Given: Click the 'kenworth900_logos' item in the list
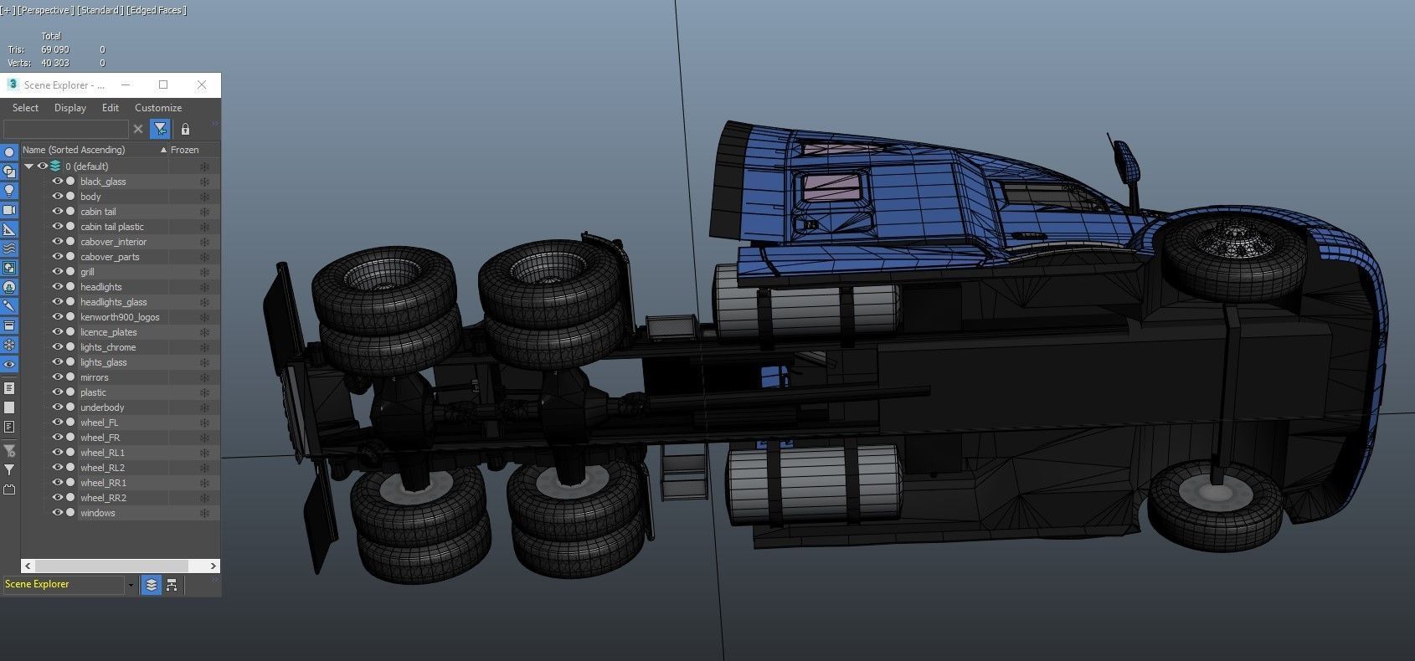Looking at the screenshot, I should click(120, 317).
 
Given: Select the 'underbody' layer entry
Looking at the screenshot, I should click(102, 407).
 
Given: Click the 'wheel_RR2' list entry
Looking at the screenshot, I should click(103, 498).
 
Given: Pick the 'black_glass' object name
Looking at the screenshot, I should click(103, 182).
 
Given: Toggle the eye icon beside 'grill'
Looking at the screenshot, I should click(58, 272).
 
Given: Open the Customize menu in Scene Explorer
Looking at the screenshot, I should click(158, 108).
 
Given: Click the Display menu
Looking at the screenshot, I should click(70, 108).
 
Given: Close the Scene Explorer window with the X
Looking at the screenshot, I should click(202, 85).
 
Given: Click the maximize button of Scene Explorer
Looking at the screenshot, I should click(163, 85).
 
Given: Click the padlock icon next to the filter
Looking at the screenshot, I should click(185, 129).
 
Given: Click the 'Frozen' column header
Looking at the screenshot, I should click(185, 150).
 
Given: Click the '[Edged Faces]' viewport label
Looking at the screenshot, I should click(157, 10).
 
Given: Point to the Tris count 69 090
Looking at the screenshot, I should click(55, 49).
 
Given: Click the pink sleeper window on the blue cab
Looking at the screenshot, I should click(831, 187).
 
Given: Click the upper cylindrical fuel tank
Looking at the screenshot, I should click(808, 310).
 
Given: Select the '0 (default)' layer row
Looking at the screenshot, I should click(87, 167).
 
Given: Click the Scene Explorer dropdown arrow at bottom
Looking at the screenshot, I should click(131, 585).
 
